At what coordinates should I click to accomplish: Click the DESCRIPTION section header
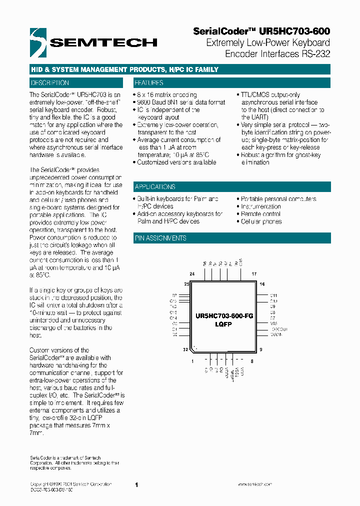point(50,83)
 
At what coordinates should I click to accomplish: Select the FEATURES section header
point(149,83)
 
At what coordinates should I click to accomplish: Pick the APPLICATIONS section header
point(155,186)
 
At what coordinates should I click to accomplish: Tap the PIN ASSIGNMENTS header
point(160,238)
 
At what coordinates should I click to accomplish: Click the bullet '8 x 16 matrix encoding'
point(167,95)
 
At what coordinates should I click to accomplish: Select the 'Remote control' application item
point(260,214)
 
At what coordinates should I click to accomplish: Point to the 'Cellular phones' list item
point(261,221)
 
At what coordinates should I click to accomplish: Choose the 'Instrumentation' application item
point(260,206)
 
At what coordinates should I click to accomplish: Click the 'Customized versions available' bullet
point(176,162)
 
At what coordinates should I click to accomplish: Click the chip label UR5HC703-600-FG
point(224,316)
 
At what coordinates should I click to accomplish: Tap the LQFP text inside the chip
point(223,324)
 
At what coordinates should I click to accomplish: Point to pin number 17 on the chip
point(253,274)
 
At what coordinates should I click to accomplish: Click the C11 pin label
point(273,295)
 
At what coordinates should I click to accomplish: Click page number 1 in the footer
point(136,484)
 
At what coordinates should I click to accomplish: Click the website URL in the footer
point(254,484)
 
